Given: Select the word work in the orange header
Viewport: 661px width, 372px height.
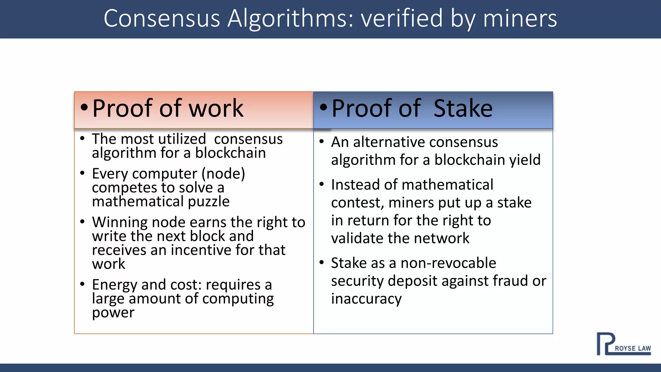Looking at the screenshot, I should click(216, 108).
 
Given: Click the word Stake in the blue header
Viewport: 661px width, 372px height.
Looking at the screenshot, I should click(463, 108).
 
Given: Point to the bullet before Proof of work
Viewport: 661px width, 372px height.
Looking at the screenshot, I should click(84, 108).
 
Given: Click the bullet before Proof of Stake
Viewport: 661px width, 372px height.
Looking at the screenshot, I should click(323, 108).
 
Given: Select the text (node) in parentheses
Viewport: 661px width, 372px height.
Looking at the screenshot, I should click(223, 174).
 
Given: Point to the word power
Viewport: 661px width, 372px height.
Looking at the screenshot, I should click(113, 313).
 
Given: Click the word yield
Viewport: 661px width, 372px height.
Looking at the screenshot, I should click(525, 160).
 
